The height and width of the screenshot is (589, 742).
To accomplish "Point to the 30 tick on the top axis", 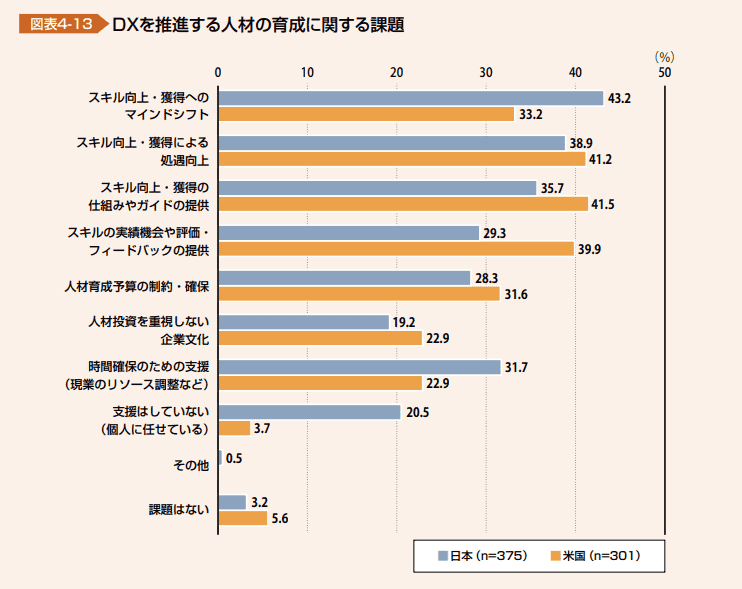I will click(x=486, y=72).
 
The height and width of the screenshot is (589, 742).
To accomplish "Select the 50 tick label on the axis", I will click(x=664, y=72).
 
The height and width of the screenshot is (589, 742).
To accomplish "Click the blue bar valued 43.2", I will click(x=410, y=98).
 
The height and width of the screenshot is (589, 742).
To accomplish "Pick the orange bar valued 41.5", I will click(x=403, y=203).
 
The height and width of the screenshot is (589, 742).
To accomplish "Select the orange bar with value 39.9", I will click(x=396, y=248).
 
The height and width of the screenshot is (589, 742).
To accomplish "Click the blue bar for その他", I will click(x=220, y=457).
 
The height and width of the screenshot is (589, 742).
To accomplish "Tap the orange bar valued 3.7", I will click(x=234, y=428).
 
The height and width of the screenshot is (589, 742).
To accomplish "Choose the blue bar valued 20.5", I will click(x=309, y=412).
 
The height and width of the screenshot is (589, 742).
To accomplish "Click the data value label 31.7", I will click(x=516, y=367).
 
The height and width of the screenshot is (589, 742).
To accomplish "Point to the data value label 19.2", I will click(x=404, y=322).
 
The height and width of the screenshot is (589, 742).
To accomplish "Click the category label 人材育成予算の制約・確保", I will click(x=136, y=286).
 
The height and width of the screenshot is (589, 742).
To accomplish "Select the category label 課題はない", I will click(x=179, y=509).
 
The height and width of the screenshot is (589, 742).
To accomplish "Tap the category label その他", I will click(x=190, y=465).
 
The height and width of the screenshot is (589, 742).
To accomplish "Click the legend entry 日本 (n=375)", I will click(x=483, y=555).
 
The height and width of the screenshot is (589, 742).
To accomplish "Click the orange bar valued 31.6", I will click(x=359, y=293).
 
